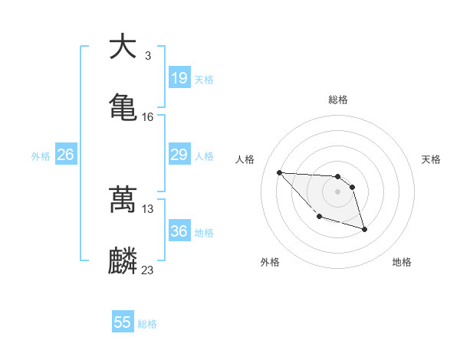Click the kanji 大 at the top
click(123, 47)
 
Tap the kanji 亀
click(123, 106)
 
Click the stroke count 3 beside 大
click(147, 56)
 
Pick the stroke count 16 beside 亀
click(148, 117)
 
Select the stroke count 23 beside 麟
click(148, 270)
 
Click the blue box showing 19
click(179, 78)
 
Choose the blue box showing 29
click(179, 155)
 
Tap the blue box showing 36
click(179, 231)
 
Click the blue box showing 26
click(66, 155)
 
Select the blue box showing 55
click(123, 322)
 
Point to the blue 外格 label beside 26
click(41, 156)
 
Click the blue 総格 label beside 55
click(147, 324)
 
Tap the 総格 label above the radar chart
click(338, 100)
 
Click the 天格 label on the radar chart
click(431, 159)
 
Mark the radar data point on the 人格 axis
click(279, 172)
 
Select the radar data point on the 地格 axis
click(364, 229)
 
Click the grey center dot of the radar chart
click(338, 191)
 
